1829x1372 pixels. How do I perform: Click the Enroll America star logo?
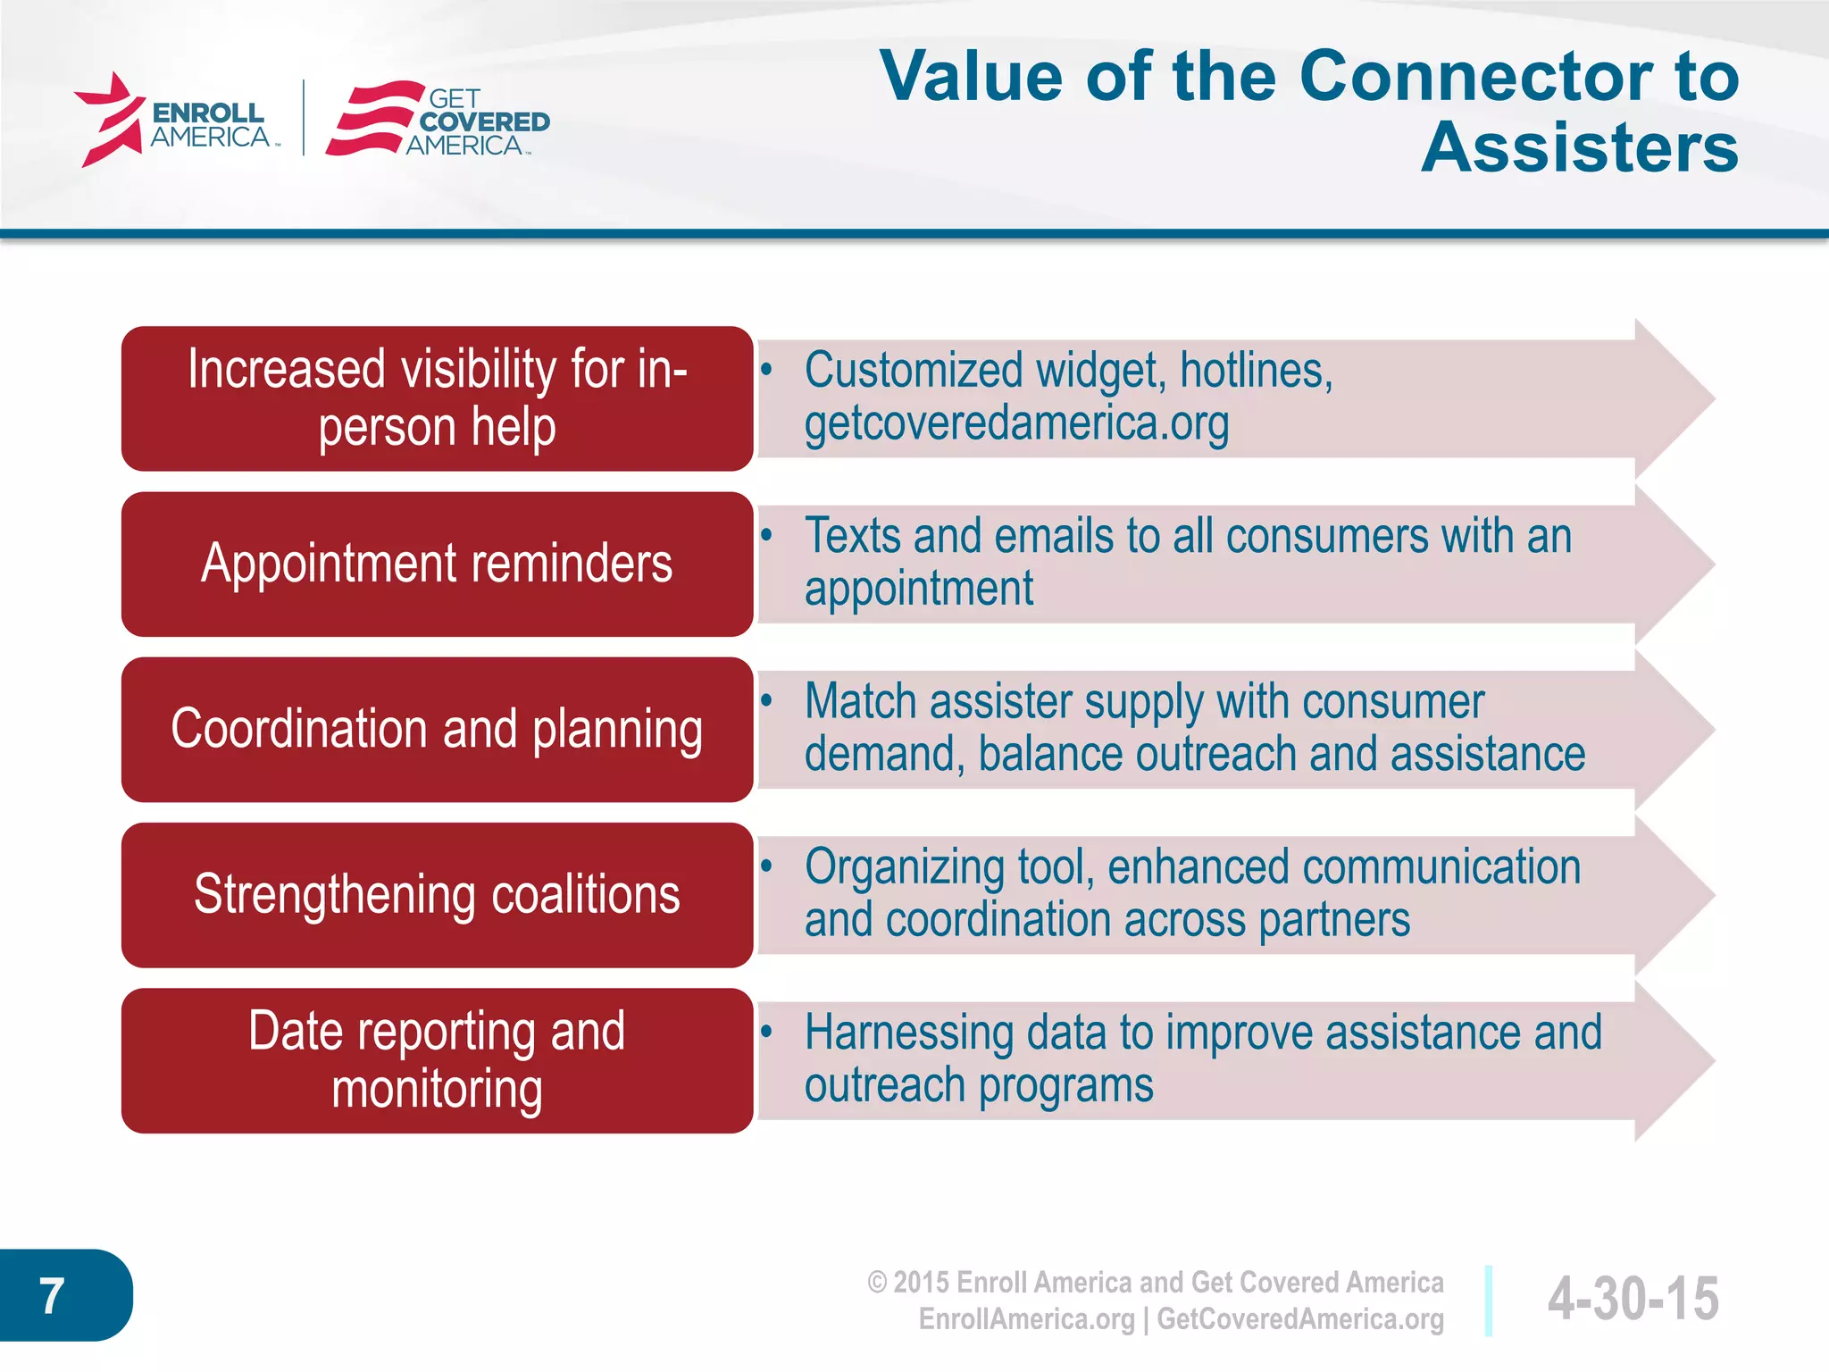109,120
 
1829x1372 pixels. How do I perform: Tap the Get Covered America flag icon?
373,119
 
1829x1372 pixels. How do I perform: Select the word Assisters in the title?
1579,148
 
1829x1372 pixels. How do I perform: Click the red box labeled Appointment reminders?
437,565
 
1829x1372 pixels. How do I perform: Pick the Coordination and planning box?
437,730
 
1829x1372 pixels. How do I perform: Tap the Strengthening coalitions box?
437,895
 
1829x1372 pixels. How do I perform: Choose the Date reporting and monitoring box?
437,1061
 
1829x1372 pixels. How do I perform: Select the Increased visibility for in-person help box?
437,398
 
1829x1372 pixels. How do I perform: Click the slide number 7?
52,1296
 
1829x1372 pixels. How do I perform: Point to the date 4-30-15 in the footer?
1633,1299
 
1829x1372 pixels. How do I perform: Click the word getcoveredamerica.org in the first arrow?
1016,423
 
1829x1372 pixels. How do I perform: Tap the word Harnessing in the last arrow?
908,1033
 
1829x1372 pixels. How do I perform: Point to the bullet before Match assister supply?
766,699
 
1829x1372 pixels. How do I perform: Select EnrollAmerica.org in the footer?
1026,1319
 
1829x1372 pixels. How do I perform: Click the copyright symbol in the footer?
878,1283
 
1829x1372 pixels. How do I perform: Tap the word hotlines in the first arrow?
1255,370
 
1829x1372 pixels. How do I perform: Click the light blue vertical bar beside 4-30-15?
1489,1301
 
